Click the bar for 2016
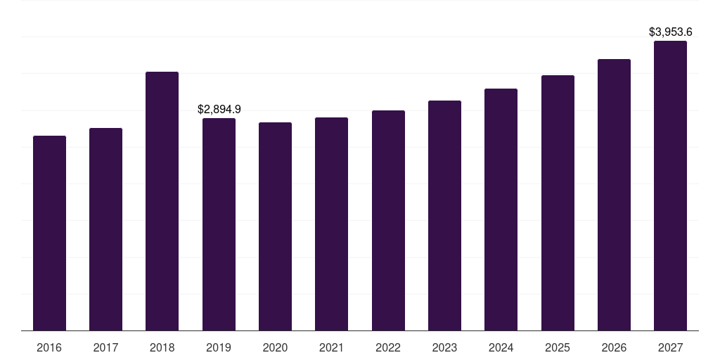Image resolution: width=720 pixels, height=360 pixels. pyautogui.click(x=49, y=233)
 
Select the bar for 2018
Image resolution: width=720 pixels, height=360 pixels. pyautogui.click(x=162, y=201)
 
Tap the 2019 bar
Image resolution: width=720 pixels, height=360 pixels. pyautogui.click(x=219, y=224)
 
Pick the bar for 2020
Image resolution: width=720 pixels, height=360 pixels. pyautogui.click(x=275, y=226)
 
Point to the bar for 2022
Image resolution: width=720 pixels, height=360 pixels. pyautogui.click(x=388, y=220)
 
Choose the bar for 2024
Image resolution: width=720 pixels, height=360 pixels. pyautogui.click(x=501, y=210)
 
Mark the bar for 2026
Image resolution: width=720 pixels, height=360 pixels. pyautogui.click(x=614, y=195)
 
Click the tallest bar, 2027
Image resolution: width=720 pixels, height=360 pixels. pyautogui.click(x=670, y=186)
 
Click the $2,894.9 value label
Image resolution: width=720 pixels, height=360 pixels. pyautogui.click(x=219, y=109)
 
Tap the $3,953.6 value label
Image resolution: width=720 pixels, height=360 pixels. pyautogui.click(x=670, y=32)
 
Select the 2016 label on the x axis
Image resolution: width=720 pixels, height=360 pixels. pyautogui.click(x=49, y=347)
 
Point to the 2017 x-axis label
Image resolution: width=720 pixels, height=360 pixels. pyautogui.click(x=105, y=347)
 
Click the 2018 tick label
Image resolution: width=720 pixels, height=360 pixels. pyautogui.click(x=162, y=347)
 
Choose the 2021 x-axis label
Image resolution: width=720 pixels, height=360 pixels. pyautogui.click(x=331, y=347)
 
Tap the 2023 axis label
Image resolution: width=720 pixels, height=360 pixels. pyautogui.click(x=444, y=347)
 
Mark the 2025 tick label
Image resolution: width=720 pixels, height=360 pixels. pyautogui.click(x=558, y=347)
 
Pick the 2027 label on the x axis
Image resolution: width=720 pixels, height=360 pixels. pyautogui.click(x=670, y=347)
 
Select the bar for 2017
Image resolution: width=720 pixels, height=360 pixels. pyautogui.click(x=105, y=229)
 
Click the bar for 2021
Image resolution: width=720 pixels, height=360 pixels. pyautogui.click(x=331, y=224)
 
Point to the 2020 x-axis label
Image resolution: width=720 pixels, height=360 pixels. pyautogui.click(x=275, y=347)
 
